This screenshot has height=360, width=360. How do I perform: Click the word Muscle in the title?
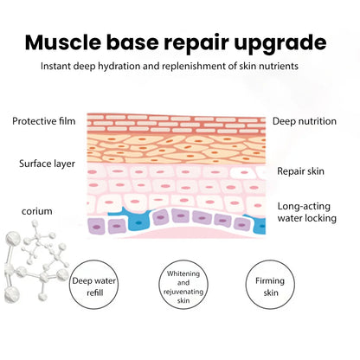(x=63, y=42)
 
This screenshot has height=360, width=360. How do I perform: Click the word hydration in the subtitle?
(x=119, y=66)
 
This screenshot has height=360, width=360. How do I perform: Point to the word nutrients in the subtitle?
(x=279, y=66)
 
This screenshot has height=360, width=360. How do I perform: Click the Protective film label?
(x=44, y=121)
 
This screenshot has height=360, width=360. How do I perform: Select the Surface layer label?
(x=47, y=164)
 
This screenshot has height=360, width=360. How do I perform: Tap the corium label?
(x=37, y=211)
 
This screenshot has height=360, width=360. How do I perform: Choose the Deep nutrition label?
(x=305, y=121)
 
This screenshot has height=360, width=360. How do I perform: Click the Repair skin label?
(x=300, y=171)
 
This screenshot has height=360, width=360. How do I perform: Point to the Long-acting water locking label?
(x=307, y=212)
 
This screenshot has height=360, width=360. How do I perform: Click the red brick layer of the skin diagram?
(x=177, y=124)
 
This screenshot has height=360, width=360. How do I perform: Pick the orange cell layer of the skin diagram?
(x=177, y=149)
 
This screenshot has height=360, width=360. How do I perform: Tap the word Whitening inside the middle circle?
(x=183, y=273)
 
